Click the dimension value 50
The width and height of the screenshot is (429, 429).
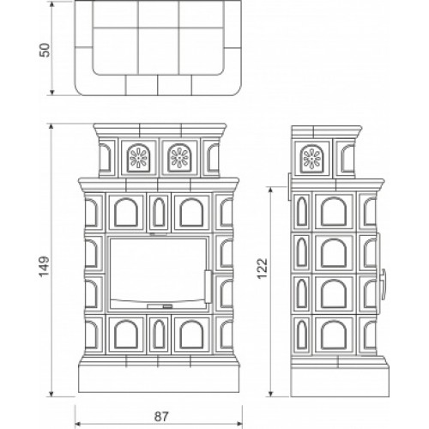click(x=45, y=51)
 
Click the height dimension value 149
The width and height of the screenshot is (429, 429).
click(x=45, y=266)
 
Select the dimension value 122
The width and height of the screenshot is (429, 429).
click(x=262, y=269)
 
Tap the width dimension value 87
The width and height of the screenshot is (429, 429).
click(x=161, y=416)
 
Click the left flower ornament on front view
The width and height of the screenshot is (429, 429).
click(x=138, y=158)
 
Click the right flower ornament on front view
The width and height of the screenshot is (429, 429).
click(x=179, y=158)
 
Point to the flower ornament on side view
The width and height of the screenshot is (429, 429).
click(x=312, y=159)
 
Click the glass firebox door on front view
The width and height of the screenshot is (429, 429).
click(x=158, y=273)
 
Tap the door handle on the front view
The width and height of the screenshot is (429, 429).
click(x=208, y=287)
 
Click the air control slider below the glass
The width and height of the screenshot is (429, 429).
click(x=160, y=306)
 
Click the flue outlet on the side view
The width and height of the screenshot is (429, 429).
click(x=289, y=186)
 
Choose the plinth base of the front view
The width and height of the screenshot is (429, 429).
click(x=159, y=378)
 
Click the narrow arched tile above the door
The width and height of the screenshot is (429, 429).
click(x=159, y=212)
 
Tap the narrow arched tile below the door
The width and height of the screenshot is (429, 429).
click(x=159, y=334)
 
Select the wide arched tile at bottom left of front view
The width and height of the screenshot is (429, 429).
click(x=126, y=334)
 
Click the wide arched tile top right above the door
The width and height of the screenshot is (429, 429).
click(x=192, y=212)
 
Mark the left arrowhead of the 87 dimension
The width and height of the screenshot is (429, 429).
click(x=77, y=423)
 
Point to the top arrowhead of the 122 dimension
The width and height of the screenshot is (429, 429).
click(x=269, y=190)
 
